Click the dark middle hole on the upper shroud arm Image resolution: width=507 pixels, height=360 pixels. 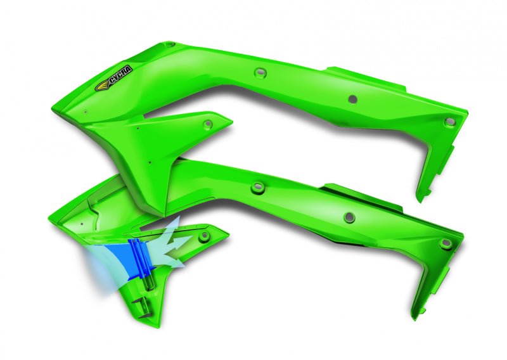pos(352,99)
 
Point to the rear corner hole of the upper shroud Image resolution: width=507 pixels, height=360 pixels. pos(449,121)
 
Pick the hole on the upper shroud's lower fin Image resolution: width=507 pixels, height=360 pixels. pos(207,122)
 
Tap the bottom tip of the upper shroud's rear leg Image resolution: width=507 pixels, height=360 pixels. pos(419,198)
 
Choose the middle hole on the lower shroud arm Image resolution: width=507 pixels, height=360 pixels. pos(349,217)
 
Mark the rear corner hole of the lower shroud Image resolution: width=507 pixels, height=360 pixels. pos(446,243)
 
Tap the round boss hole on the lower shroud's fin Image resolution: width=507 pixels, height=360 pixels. pos(204,236)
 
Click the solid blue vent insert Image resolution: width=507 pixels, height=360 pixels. pos(136,261)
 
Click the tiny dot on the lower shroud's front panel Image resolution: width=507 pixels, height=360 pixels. pos(82,224)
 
